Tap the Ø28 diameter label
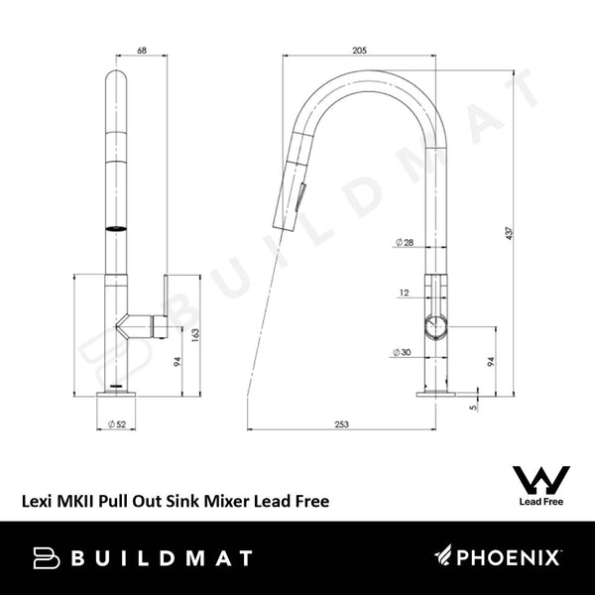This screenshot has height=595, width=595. click(x=404, y=243)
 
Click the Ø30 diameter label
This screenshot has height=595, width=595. click(x=404, y=352)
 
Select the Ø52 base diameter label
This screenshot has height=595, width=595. click(x=116, y=424)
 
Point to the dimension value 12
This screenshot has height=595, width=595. click(x=404, y=293)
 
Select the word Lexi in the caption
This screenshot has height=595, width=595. click(x=39, y=502)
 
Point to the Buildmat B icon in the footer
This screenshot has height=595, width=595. click(x=47, y=558)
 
